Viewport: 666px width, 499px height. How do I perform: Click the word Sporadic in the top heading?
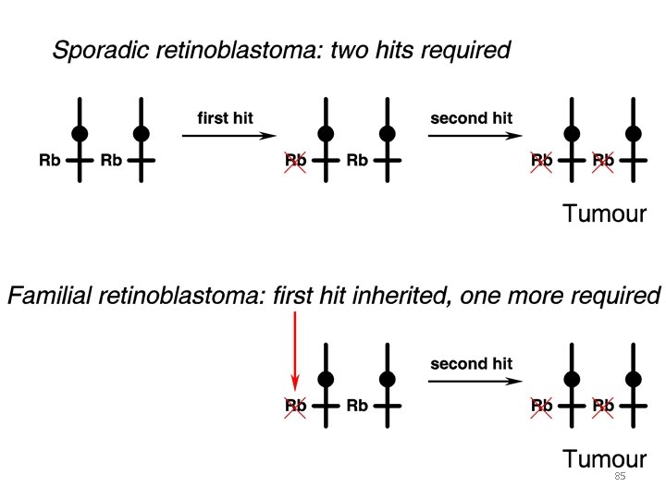94,50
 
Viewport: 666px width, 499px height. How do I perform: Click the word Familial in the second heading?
44,297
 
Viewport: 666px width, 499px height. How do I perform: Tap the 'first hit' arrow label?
225,118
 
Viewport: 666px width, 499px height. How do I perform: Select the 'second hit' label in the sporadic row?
471,118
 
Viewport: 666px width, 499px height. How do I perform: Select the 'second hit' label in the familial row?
471,363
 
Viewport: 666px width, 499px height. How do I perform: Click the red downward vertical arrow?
294,351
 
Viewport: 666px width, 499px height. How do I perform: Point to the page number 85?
620,477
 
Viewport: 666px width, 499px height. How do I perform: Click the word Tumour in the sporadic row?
603,214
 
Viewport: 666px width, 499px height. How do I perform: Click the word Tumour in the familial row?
603,459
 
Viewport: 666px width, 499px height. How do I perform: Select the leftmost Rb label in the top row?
50,160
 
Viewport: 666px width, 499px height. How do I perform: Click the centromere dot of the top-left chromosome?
80,134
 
